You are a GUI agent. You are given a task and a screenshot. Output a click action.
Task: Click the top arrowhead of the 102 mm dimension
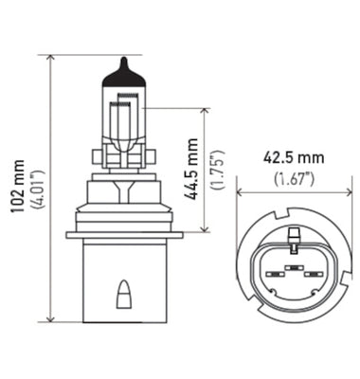[x=48, y=59]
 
